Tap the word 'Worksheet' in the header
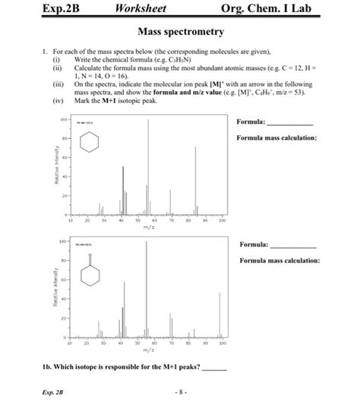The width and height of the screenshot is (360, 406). [141, 9]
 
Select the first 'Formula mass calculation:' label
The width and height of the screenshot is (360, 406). [276, 138]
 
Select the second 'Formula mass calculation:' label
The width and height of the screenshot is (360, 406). [279, 260]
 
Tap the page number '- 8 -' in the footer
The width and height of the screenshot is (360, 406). [179, 392]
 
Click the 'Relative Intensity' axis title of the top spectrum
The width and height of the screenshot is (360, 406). [57, 166]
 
